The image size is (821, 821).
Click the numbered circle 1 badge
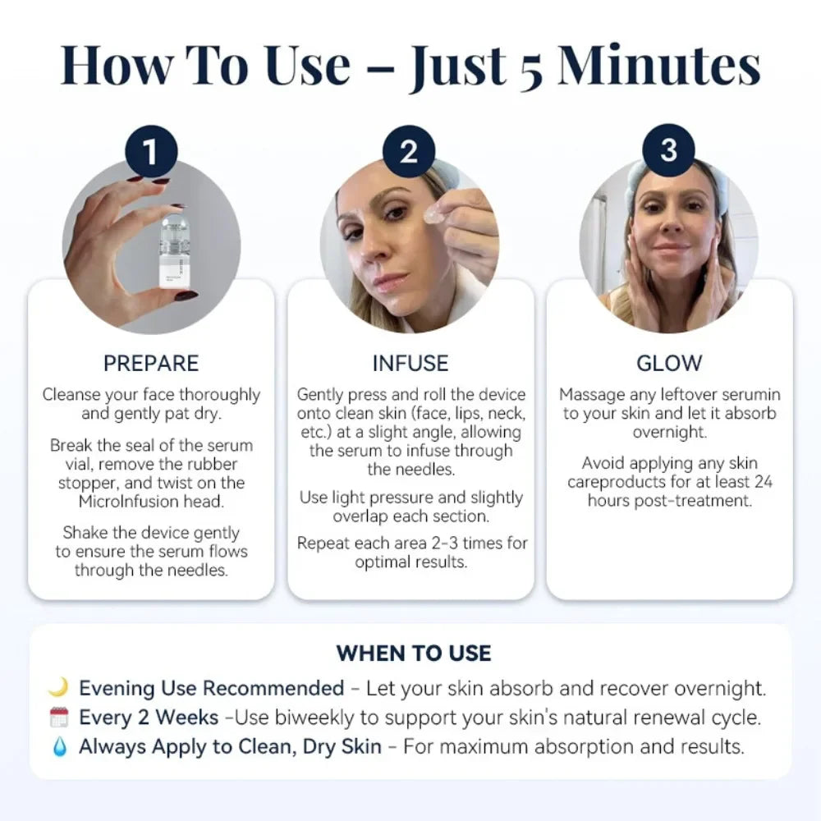pyautogui.click(x=150, y=151)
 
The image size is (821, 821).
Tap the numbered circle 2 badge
pyautogui.click(x=409, y=151)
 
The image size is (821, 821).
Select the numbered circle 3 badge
pyautogui.click(x=668, y=151)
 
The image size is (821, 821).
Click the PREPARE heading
pyautogui.click(x=151, y=363)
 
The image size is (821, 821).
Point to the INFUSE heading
pyautogui.click(x=410, y=363)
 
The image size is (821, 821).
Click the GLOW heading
pyautogui.click(x=669, y=363)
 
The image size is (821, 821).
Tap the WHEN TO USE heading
pyautogui.click(x=413, y=654)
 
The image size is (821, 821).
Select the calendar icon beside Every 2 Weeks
pyautogui.click(x=58, y=718)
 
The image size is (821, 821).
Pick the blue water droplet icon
pyautogui.click(x=58, y=748)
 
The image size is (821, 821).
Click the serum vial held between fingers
pyautogui.click(x=171, y=250)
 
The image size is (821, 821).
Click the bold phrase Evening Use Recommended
pyautogui.click(x=211, y=688)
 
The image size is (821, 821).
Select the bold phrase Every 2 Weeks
pyautogui.click(x=149, y=718)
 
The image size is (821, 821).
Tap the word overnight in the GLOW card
pyautogui.click(x=669, y=432)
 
